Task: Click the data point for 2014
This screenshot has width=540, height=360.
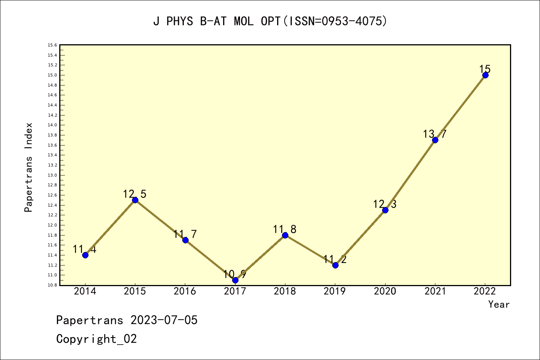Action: coord(85,255)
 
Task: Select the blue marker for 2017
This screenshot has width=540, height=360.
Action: coord(235,280)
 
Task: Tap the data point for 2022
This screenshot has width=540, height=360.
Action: coord(485,75)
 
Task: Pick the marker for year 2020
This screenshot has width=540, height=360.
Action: coord(385,210)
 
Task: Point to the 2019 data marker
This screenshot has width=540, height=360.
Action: coord(335,265)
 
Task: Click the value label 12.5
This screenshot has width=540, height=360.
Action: coord(135,194)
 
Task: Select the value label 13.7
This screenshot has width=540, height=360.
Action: coord(435,134)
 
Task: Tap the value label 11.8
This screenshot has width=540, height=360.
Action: coord(285,229)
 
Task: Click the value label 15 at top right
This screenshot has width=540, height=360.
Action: coord(485,69)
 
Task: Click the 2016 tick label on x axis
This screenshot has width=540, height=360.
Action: coord(185,291)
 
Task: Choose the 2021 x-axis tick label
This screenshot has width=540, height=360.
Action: coord(435,291)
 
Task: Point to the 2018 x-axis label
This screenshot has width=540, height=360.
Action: coord(285,291)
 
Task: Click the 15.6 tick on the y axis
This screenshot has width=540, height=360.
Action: coord(52,45)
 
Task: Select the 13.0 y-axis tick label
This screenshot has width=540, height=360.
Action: coord(52,175)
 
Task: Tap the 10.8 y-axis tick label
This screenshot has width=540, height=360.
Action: coord(52,285)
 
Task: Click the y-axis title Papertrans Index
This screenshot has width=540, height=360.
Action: coord(29,167)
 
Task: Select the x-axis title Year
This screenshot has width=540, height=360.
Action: coord(499,304)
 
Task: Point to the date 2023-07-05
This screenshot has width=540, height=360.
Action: coord(164,320)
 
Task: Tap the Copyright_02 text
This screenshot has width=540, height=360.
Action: coord(96,339)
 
